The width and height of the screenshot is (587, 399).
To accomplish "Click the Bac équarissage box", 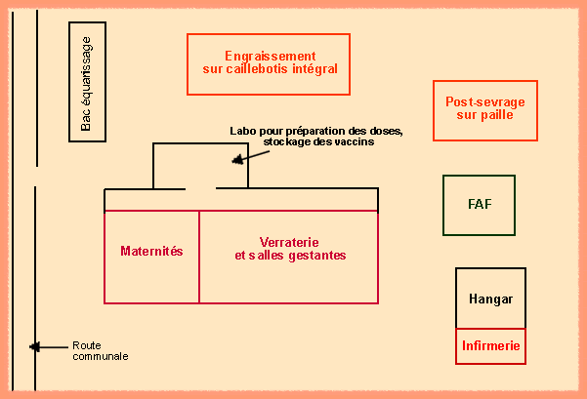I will (88, 81).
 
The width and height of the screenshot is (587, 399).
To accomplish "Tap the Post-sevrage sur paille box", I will (484, 109).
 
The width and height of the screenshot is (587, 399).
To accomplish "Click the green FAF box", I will (479, 205).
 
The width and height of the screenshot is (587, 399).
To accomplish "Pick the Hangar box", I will (490, 299).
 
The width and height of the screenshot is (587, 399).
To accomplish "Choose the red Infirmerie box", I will (490, 345).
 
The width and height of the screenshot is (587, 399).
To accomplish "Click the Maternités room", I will (151, 252).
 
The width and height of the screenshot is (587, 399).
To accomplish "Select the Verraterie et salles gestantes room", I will (289, 250).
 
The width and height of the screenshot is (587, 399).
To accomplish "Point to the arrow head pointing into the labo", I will (234, 159).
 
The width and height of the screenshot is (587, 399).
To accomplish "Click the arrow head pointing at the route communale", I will (34, 346).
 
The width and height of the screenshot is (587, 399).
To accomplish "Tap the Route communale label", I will (100, 350).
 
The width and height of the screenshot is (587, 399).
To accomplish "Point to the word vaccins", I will (354, 141).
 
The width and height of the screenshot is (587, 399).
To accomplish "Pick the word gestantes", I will (317, 256).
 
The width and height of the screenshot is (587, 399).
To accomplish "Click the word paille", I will (498, 115).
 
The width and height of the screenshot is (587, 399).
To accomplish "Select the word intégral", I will (314, 69).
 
